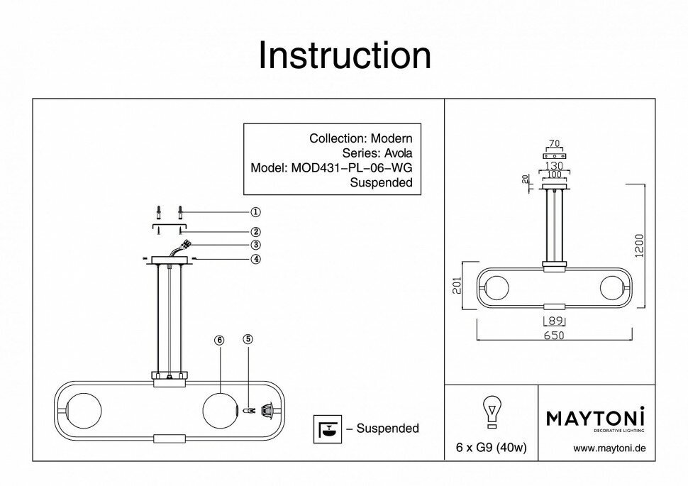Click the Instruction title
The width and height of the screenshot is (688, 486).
pos(344,55)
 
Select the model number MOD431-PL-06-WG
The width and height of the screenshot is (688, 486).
pos(352,168)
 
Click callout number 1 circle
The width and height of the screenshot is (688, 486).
pos(255,211)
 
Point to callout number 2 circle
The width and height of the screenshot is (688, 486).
pos(255,231)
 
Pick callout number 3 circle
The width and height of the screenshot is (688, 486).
pos(255,245)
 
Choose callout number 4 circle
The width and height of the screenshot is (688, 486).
pos(255,258)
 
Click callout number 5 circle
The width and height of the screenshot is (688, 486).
pos(248,340)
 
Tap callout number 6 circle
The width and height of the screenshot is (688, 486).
pos(219,340)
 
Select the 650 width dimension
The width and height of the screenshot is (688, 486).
pos(554,336)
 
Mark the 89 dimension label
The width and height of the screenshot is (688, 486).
pos(554,321)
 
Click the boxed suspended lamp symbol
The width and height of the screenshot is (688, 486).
pos(327,429)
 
